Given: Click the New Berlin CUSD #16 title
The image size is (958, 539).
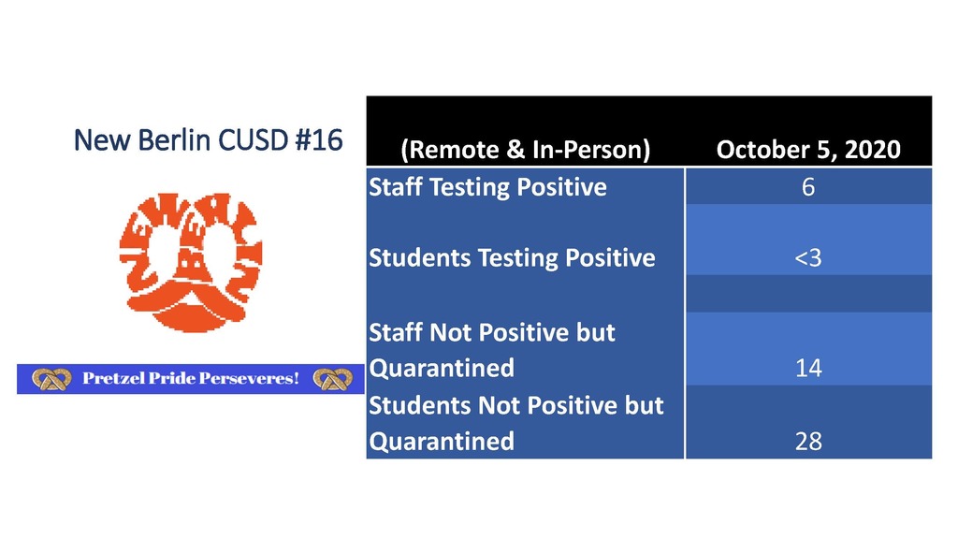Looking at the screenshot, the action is pos(208,140).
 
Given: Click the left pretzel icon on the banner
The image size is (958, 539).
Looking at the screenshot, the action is pos(51,379).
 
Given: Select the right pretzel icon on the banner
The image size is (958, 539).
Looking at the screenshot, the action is pos(332,379).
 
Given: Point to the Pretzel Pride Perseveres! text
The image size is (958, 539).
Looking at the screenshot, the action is pos(191,378).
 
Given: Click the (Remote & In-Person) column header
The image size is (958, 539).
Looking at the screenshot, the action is pos(526,150).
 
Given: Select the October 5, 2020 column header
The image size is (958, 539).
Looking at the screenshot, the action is pos(808,150).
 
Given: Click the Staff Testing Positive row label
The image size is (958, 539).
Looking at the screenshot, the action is pos(487,187).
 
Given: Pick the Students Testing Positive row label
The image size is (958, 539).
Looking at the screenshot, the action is pos(512,258).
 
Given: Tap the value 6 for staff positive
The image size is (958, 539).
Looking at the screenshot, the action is pos(808,187).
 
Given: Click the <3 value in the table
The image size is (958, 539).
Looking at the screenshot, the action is pos(808,258).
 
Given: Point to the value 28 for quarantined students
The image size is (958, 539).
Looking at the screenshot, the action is pos(808,442).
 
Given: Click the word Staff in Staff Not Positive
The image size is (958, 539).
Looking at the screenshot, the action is pos(396,332).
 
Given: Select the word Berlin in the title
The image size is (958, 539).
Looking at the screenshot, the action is pos(174,140).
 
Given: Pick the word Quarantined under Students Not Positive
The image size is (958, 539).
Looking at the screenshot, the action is pos(442,442).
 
